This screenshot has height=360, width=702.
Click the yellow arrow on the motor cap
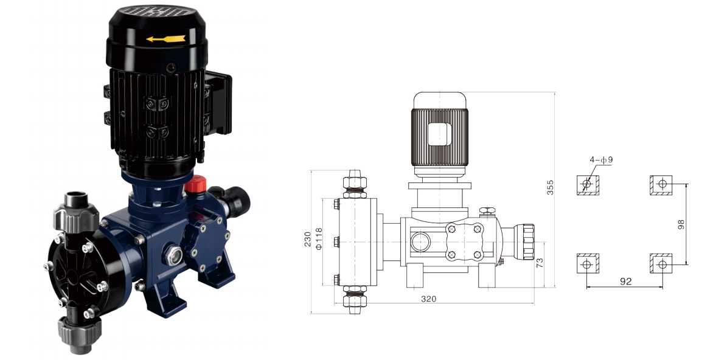point(165,39)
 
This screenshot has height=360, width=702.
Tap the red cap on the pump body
point(196,184)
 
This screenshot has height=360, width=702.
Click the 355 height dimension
point(551,187)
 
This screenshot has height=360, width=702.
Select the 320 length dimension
point(428,299)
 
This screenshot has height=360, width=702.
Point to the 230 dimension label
point(308,240)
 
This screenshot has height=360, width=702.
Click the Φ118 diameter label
point(319,238)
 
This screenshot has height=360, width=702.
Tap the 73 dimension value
point(540,263)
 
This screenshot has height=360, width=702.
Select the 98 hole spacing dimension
point(681,224)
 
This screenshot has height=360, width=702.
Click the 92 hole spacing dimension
point(625,281)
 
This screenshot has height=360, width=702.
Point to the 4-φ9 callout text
point(601,160)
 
